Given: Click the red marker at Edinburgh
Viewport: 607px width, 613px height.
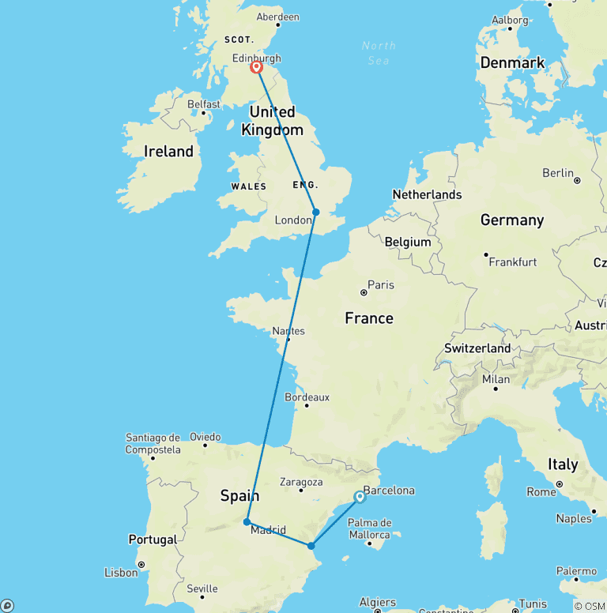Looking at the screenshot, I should coord(257,67).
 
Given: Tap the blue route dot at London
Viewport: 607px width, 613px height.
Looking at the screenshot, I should coord(315,212).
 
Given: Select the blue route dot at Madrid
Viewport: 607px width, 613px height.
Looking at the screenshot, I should coord(247,521).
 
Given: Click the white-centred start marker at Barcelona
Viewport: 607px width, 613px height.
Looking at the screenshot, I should coord(360,497).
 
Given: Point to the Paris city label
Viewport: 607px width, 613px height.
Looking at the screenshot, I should coord(381,284).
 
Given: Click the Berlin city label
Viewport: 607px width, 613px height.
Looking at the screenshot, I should coord(557,173).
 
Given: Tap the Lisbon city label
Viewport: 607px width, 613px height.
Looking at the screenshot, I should coord(120,572).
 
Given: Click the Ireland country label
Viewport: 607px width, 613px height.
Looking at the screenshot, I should coord(168,151).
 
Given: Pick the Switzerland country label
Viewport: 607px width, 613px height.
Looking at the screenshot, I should coord(477,348).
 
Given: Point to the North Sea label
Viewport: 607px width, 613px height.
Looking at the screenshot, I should coord(379,51).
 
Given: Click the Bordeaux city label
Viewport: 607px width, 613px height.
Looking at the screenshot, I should coord(307,397).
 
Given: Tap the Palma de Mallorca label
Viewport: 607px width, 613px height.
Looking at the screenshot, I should coord(370,528).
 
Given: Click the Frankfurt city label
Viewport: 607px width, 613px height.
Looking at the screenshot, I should coord(512,261).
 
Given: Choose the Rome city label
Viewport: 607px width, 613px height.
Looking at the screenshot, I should coord(541,491).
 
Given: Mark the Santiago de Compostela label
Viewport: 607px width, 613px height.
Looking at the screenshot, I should coord(153,443).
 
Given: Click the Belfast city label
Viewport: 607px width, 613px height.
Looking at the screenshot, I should coord(204,103).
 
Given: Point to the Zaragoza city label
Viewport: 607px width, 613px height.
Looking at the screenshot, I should coord(302,481).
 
